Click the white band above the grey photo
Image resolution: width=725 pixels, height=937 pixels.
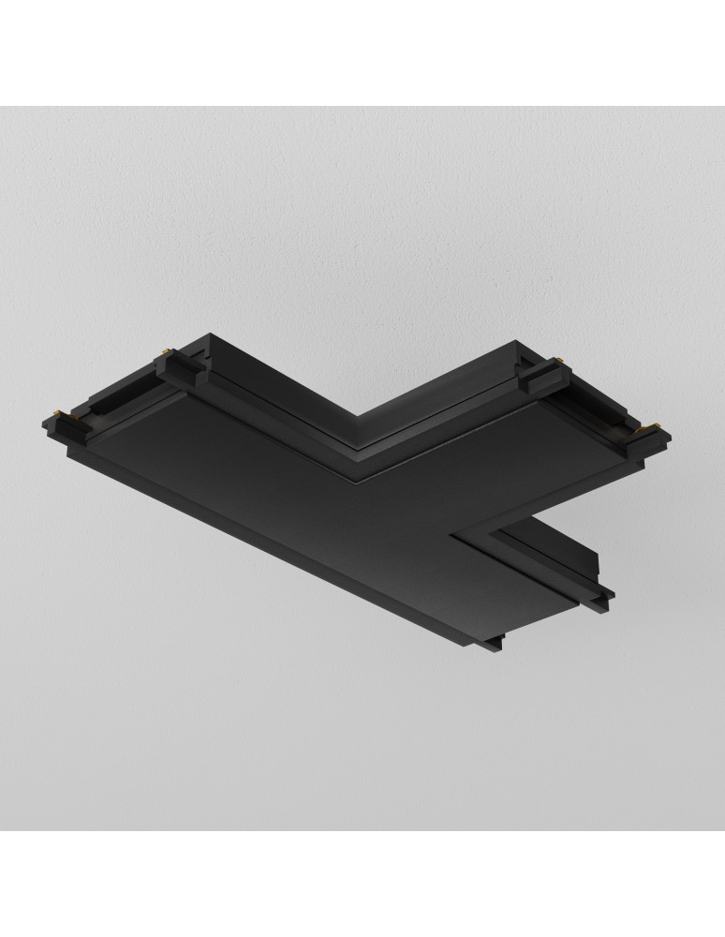click(x=362, y=52)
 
